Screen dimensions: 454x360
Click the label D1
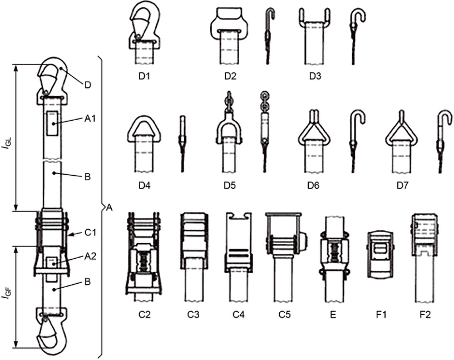coord(144,76)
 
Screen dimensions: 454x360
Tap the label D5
coord(230,185)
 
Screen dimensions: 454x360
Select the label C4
coord(239,314)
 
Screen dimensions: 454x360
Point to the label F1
coord(381,314)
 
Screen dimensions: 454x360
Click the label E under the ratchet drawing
coord(333,314)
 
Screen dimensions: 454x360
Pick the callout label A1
coord(90,118)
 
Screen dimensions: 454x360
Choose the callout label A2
coord(90,256)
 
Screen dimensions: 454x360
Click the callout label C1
coord(90,233)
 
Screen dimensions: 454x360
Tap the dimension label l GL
coord(7,143)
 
